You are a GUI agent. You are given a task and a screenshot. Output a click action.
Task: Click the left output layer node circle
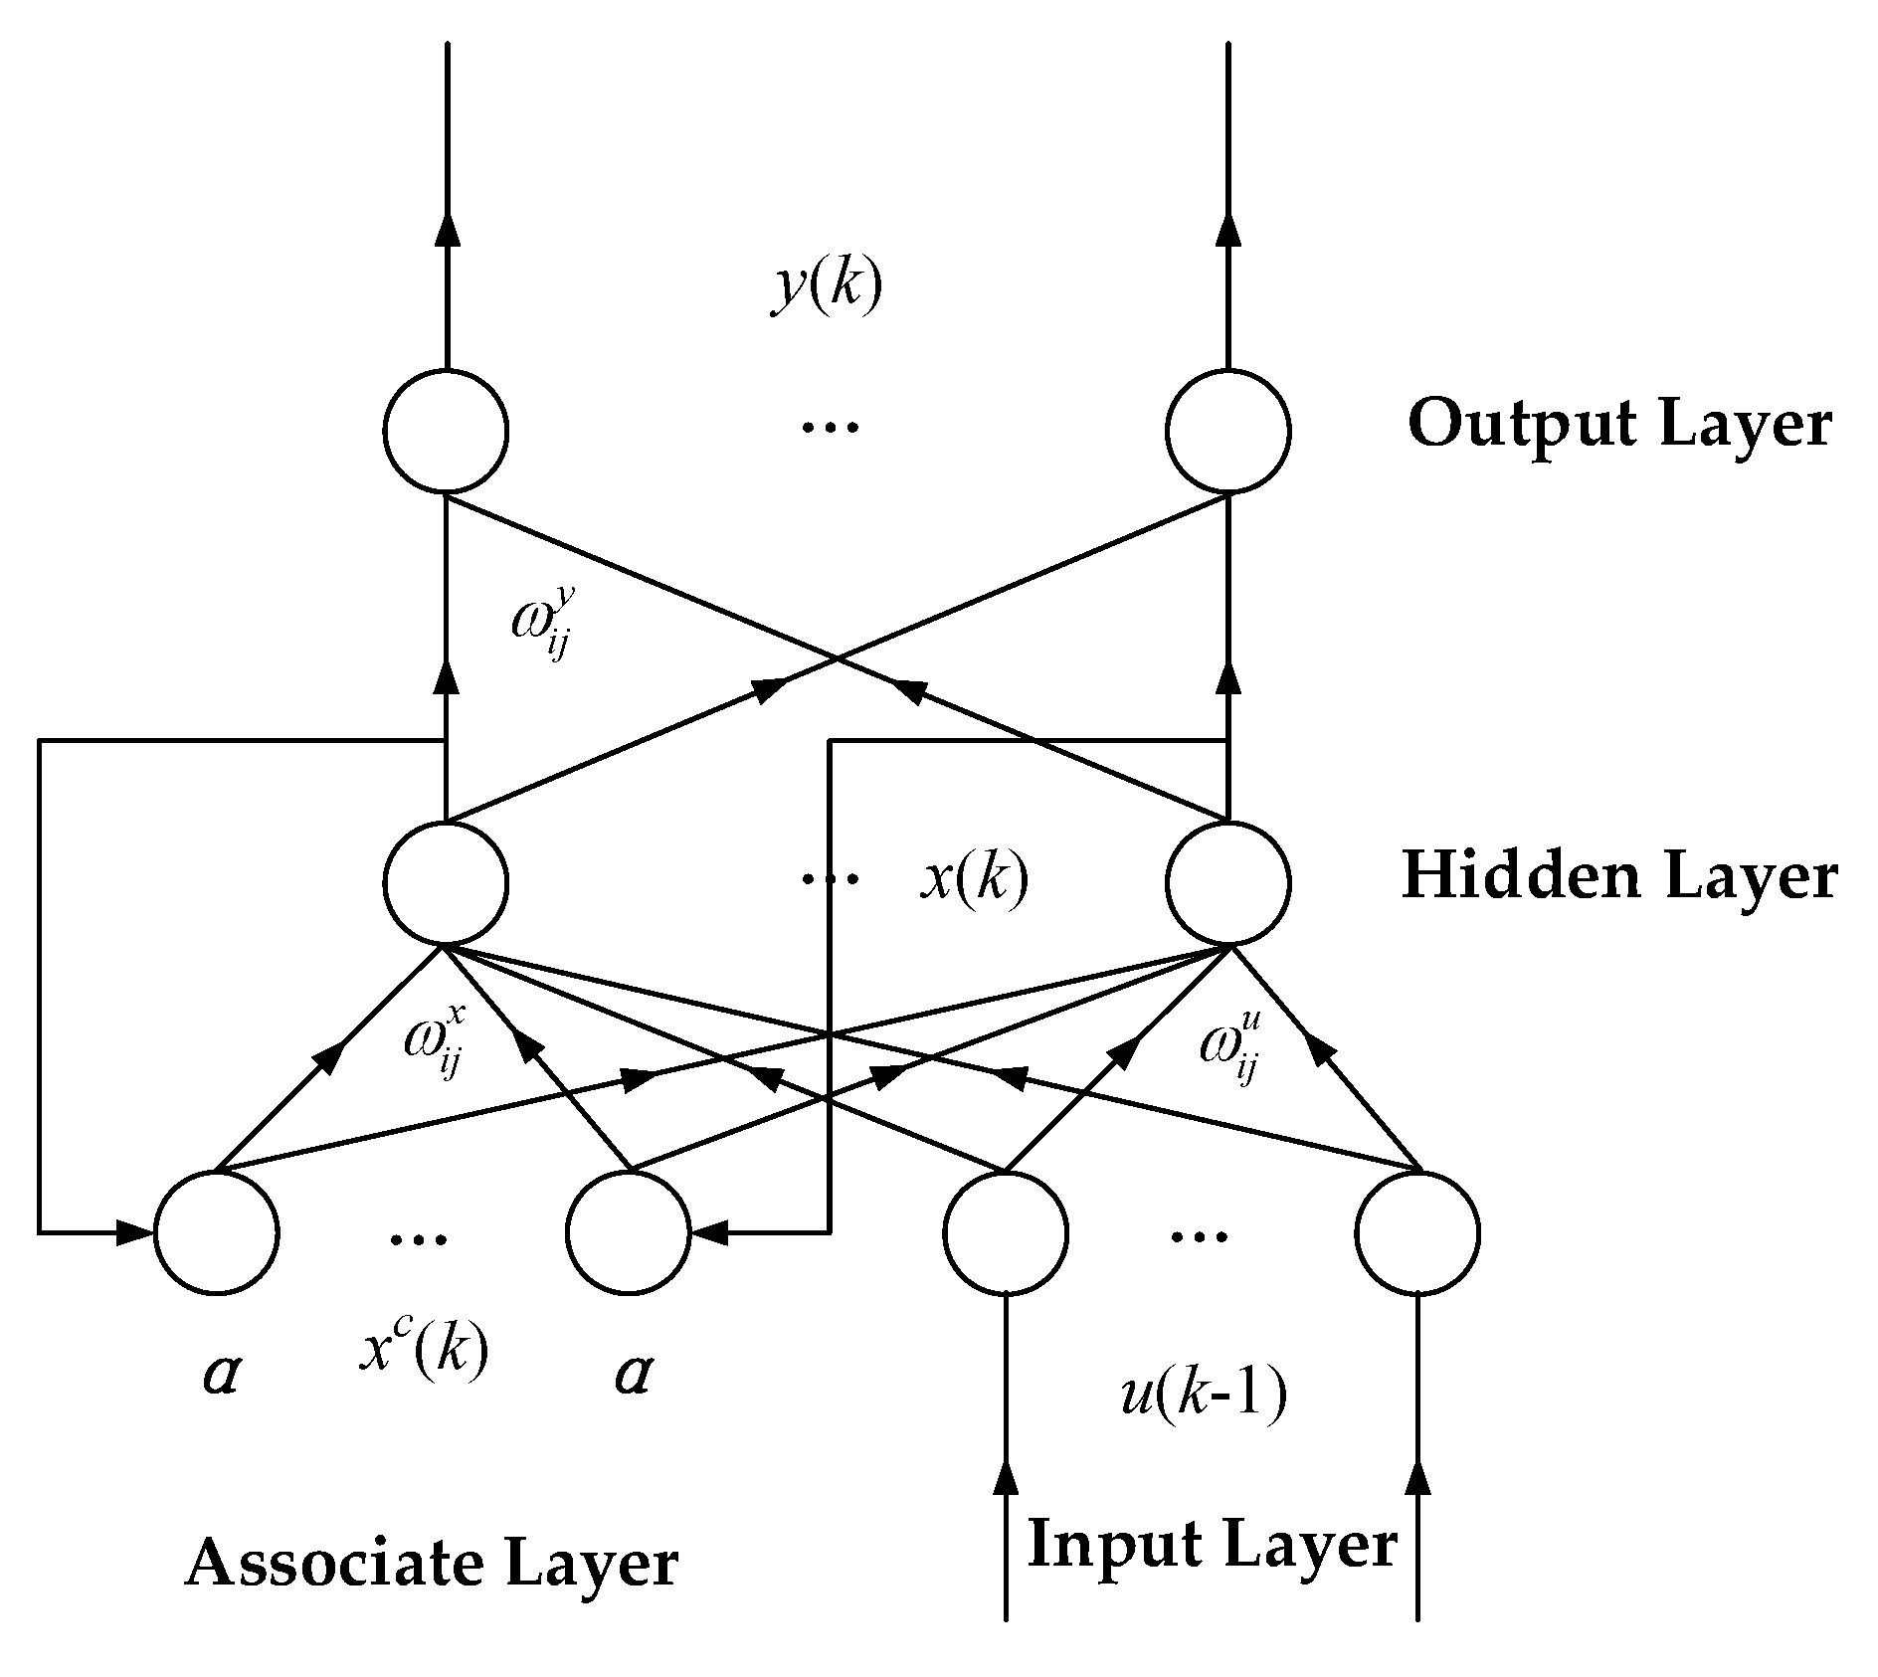pos(446,431)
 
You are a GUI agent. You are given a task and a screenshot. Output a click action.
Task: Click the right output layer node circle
pos(1228,431)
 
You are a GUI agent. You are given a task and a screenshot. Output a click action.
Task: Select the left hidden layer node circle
pos(446,882)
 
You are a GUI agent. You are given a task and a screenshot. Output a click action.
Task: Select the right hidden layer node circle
pos(1228,882)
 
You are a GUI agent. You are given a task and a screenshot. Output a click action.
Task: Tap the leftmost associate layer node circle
pos(216,1233)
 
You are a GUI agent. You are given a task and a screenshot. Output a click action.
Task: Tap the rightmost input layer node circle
pos(1416,1233)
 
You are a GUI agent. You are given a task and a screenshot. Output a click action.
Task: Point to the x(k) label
pos(974,879)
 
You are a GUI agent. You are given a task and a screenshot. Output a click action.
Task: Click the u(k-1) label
pos(1205,1394)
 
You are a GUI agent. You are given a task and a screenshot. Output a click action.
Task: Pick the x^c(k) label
pos(424,1350)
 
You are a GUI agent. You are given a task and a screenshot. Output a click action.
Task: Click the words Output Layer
pos(1619,425)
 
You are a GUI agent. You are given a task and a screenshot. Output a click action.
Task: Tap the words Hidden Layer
pos(1619,877)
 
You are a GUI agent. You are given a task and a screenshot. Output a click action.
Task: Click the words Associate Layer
pos(431,1565)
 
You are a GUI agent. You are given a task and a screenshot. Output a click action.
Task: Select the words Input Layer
pos(1212,1545)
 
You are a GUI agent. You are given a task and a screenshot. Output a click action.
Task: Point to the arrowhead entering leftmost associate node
pos(135,1233)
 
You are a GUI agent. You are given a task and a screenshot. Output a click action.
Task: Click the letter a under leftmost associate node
pos(220,1375)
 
